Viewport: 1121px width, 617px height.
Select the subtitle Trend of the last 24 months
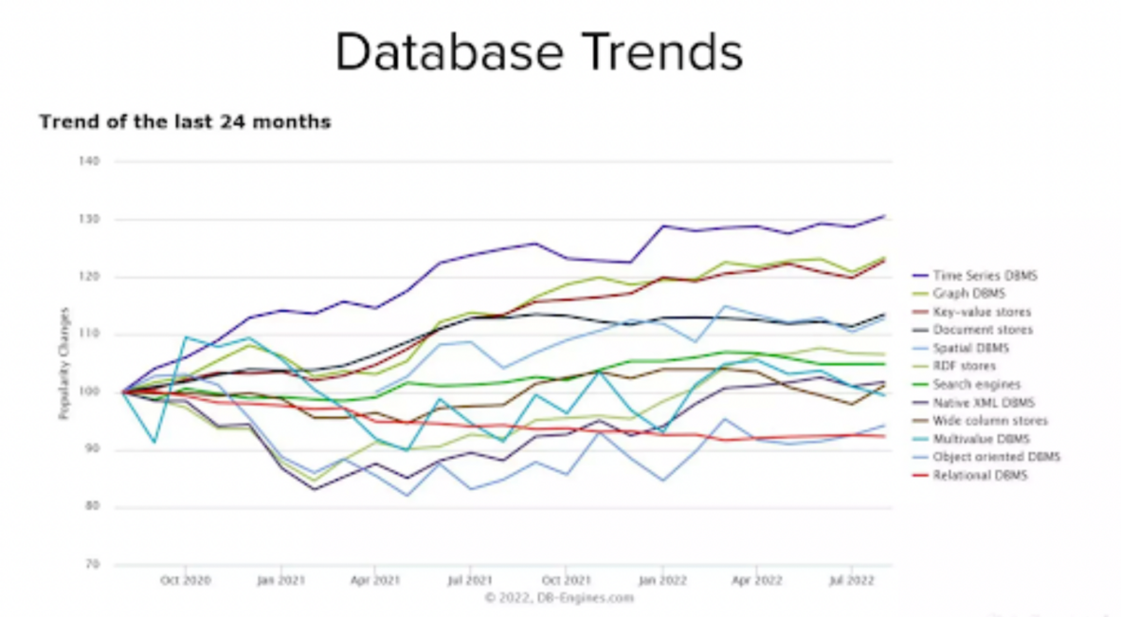tap(185, 122)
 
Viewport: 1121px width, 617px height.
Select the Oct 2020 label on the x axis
tap(185, 581)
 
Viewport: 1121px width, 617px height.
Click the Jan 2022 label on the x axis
tap(661, 581)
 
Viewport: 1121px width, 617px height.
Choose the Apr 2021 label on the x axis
tap(374, 581)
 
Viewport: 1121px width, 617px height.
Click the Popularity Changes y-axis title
tap(64, 362)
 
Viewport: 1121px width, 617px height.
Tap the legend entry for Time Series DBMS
tap(984, 276)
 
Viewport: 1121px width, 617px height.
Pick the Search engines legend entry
tap(975, 385)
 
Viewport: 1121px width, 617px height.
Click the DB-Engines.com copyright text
tap(560, 597)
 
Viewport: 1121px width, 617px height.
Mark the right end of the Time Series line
tap(884, 216)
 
